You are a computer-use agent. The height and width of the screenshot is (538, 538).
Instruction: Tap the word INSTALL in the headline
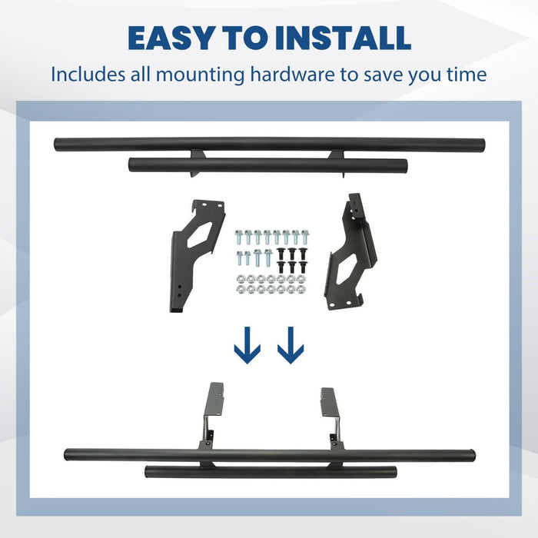(343, 38)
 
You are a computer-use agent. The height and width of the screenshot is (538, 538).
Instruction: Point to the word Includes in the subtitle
(88, 74)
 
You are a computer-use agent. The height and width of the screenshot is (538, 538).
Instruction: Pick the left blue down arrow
(247, 345)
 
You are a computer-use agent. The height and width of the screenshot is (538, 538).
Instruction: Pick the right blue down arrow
(291, 345)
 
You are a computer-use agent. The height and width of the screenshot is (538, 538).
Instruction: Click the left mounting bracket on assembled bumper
(210, 417)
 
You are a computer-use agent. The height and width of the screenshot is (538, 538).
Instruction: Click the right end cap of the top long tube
(482, 144)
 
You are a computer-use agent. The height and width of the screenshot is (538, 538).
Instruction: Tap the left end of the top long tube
(57, 144)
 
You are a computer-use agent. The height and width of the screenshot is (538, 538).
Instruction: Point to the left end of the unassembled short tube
(131, 164)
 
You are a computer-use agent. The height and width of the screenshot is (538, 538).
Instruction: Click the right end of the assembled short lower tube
(394, 472)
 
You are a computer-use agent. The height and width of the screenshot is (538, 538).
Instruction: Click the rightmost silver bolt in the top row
(304, 237)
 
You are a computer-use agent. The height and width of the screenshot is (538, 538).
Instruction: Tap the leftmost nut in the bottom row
(241, 289)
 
